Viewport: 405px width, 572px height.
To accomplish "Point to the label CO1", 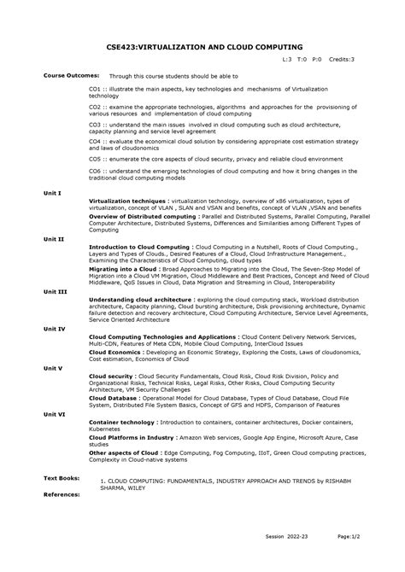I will (x=95, y=88).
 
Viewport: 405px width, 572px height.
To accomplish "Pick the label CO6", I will (x=95, y=171).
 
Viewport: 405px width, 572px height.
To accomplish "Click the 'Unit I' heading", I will (x=52, y=193).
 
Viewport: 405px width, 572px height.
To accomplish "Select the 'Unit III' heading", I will (x=55, y=292).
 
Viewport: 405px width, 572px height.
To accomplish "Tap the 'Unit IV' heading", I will (x=55, y=328).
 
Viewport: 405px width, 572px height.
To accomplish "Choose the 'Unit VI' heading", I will (x=55, y=413).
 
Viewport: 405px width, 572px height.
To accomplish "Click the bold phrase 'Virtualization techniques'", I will (x=126, y=200).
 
